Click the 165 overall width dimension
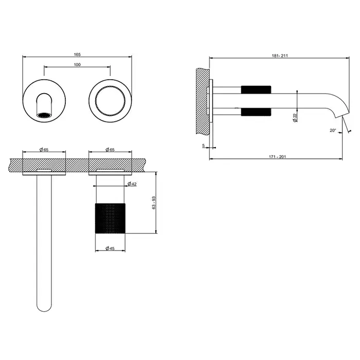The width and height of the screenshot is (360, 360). pyautogui.click(x=77, y=55)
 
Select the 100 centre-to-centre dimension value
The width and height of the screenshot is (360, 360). pyautogui.click(x=77, y=65)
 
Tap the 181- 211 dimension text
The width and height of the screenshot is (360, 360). pyautogui.click(x=280, y=56)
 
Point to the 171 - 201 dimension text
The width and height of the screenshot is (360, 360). pyautogui.click(x=277, y=157)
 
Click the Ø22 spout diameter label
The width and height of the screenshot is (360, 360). pyautogui.click(x=295, y=118)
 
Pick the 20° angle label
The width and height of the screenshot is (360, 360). pyautogui.click(x=333, y=131)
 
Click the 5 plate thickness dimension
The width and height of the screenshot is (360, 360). pyautogui.click(x=204, y=146)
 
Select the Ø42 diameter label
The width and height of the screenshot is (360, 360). pyautogui.click(x=132, y=184)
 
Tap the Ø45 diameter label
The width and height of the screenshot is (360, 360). pyautogui.click(x=110, y=248)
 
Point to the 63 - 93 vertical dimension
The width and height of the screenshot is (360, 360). pyautogui.click(x=154, y=203)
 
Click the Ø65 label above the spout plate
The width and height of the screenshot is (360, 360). pyautogui.click(x=44, y=150)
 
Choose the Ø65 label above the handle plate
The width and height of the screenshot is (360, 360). pyautogui.click(x=110, y=150)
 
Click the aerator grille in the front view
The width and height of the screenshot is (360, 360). pyautogui.click(x=44, y=115)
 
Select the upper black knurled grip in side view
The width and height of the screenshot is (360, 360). pyautogui.click(x=256, y=90)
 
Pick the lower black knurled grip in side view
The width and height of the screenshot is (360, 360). pyautogui.click(x=256, y=112)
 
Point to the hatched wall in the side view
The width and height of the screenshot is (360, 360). pyautogui.click(x=203, y=101)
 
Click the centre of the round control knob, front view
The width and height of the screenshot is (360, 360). pyautogui.click(x=110, y=101)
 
